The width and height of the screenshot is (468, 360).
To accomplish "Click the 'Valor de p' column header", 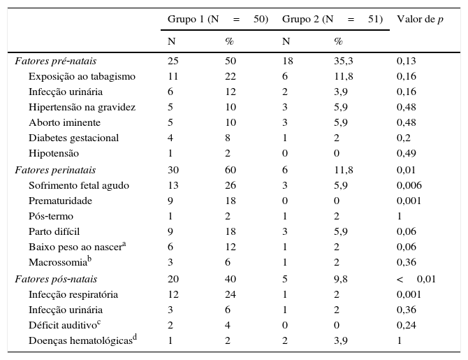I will pyautogui.click(x=420, y=19).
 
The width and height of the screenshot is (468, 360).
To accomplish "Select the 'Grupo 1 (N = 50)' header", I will pyautogui.click(x=218, y=19).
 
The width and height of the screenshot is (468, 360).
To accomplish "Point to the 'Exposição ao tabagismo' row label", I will pyautogui.click(x=82, y=76).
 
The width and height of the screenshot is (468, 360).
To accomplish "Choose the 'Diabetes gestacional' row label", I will pyautogui.click(x=73, y=138).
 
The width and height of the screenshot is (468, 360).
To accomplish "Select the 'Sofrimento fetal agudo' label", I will pyautogui.click(x=79, y=185).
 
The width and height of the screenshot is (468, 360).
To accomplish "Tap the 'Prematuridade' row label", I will pyautogui.click(x=61, y=201).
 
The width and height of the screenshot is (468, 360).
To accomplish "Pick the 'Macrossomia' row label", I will pyautogui.click(x=58, y=262).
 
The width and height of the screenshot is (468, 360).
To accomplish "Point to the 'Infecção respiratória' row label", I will pyautogui.click(x=73, y=294).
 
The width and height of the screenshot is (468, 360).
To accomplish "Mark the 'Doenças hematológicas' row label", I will pyautogui.click(x=81, y=340).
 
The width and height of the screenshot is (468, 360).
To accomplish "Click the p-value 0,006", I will pyautogui.click(x=409, y=185).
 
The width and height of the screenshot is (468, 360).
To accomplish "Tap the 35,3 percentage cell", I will pyautogui.click(x=343, y=61).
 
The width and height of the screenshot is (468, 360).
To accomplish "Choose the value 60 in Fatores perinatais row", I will pyautogui.click(x=230, y=170).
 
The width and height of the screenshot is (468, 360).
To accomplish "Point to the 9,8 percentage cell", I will pyautogui.click(x=340, y=279).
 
